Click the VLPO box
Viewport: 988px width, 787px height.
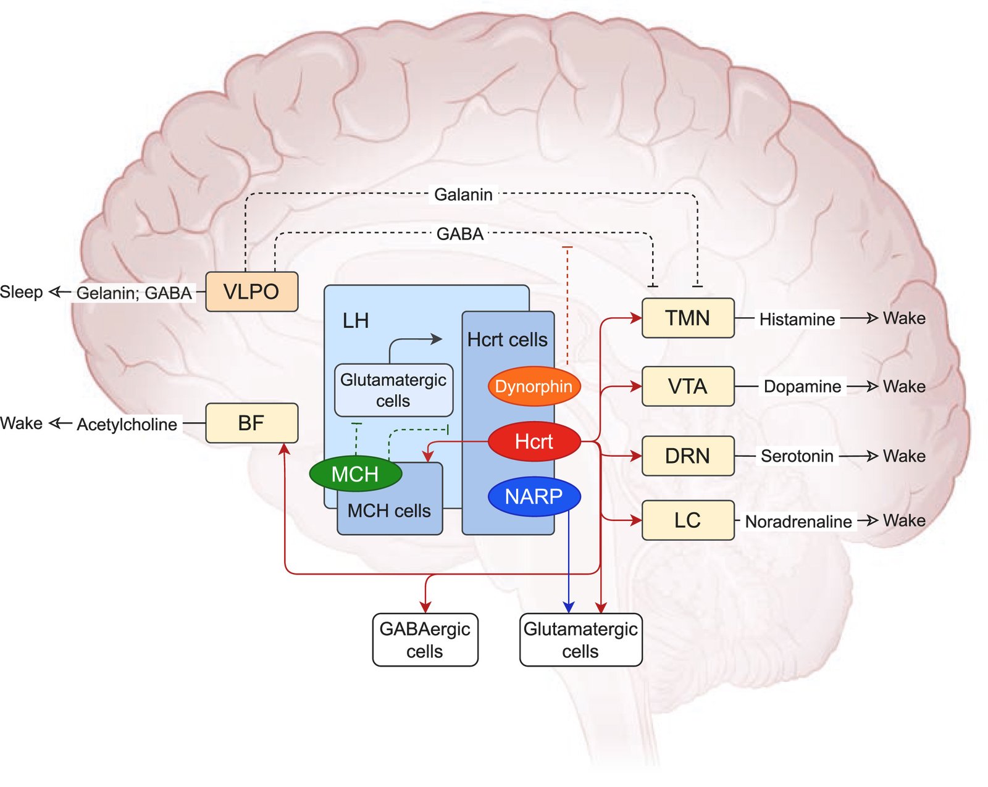[251, 291]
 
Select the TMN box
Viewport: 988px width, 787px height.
[687, 318]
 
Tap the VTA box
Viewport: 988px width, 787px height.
[687, 386]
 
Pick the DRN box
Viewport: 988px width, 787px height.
[687, 456]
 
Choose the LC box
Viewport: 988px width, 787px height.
[687, 520]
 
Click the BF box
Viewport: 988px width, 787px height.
[251, 423]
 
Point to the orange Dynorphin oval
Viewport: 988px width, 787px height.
[534, 386]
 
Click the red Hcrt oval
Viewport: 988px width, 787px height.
[534, 441]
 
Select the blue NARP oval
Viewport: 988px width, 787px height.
[534, 496]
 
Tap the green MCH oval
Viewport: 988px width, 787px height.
[355, 474]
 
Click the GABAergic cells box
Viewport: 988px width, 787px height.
[425, 639]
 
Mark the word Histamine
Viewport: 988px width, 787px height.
[797, 319]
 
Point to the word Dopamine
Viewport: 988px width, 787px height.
[802, 386]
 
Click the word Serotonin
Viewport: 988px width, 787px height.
[797, 456]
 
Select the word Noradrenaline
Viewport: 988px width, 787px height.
[798, 522]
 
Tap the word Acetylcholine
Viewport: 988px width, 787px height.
[127, 425]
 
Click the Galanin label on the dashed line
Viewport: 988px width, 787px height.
[463, 194]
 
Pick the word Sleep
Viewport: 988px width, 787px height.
[22, 292]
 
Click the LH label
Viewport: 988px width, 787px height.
[356, 321]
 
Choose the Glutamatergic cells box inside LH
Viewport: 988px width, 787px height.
[393, 390]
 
